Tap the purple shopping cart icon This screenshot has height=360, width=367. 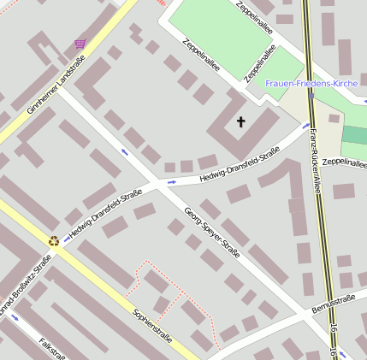pos(80,43)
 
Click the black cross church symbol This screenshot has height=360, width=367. pos(240,122)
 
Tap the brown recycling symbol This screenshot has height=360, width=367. pos(55,241)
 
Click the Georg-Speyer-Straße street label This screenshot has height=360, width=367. pos(212,231)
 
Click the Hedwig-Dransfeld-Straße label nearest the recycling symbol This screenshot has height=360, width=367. pos(105,215)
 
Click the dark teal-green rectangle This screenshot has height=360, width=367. pos(354,135)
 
